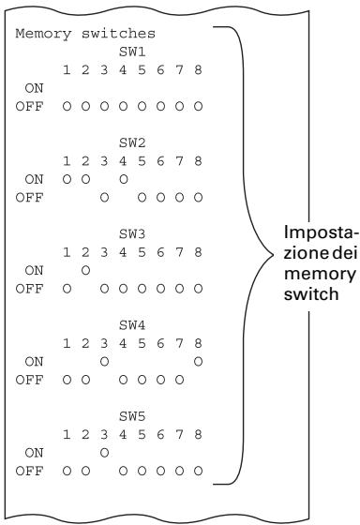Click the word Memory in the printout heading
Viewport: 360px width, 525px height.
43,34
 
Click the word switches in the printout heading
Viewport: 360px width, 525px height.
118,34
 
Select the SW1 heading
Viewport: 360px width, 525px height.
132,52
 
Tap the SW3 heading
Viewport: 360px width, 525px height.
132,234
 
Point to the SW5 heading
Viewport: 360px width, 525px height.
132,416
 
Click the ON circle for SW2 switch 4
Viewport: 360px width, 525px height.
123,179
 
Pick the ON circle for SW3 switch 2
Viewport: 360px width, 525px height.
85,271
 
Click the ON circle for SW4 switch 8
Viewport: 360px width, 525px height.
198,362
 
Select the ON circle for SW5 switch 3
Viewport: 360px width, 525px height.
104,453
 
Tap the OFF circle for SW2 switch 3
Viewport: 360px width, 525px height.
104,198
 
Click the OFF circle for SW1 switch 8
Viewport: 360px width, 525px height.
198,107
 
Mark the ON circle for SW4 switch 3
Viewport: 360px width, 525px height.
104,362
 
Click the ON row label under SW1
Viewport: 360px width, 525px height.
34,88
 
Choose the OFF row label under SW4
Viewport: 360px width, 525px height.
29,380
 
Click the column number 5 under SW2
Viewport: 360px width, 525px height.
142,161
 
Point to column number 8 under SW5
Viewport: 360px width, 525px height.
198,435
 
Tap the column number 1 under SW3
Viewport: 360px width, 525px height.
67,252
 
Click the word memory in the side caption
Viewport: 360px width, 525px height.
320,274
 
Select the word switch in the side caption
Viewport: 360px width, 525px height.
311,294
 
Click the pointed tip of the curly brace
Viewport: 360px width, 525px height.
273,255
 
